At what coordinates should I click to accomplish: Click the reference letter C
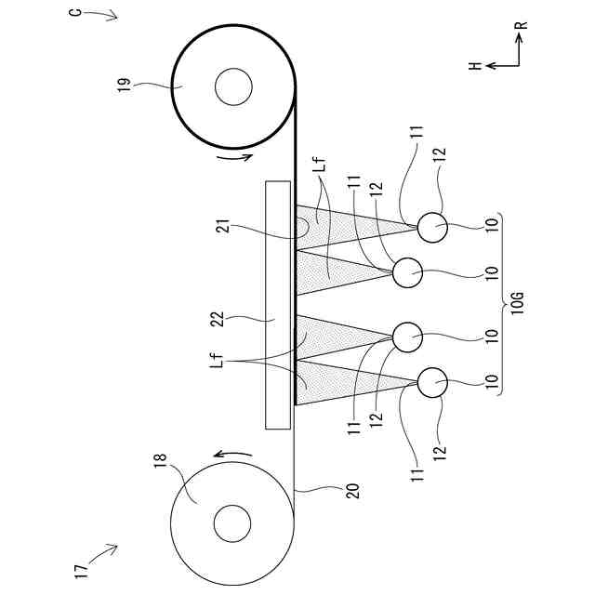(x=75, y=16)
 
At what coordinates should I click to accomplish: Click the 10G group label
(x=518, y=303)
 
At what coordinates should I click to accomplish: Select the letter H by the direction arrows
(x=473, y=66)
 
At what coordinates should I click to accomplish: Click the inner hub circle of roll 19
(x=232, y=89)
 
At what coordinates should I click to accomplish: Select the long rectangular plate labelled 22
(x=279, y=304)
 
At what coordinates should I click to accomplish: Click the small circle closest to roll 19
(x=432, y=225)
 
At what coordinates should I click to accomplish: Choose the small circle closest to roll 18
(x=432, y=381)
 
